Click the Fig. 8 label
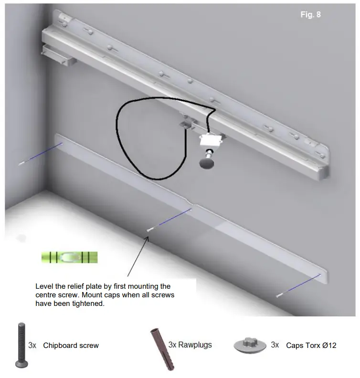pos(310,15)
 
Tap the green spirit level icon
pos(69,258)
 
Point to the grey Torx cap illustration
pos(249,345)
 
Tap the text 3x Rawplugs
pos(190,345)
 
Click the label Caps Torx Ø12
pos(311,345)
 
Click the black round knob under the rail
pos(207,164)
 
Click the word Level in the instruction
pos(44,286)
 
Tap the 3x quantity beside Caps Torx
pos(275,345)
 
